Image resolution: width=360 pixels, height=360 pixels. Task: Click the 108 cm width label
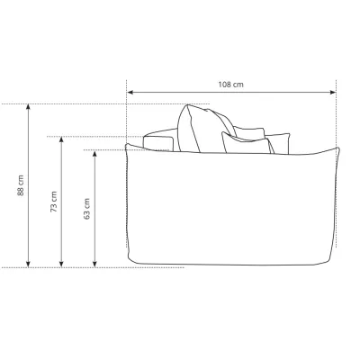[x=230, y=85]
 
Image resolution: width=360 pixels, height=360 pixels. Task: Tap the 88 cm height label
[x=20, y=185]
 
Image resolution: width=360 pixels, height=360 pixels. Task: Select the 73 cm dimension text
[x=53, y=202]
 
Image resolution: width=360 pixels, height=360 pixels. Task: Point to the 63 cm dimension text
[x=86, y=209]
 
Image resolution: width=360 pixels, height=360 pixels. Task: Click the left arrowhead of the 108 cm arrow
[x=130, y=92]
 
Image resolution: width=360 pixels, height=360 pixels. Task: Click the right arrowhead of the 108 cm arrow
[x=333, y=92]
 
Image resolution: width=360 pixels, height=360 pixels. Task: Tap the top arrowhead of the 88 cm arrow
[x=28, y=107]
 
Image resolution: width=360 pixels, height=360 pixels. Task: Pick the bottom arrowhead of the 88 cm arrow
[x=28, y=264]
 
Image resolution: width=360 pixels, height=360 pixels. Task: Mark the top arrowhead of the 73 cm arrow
[x=61, y=139]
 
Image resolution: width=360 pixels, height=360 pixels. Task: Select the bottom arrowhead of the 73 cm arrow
[x=61, y=264]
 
